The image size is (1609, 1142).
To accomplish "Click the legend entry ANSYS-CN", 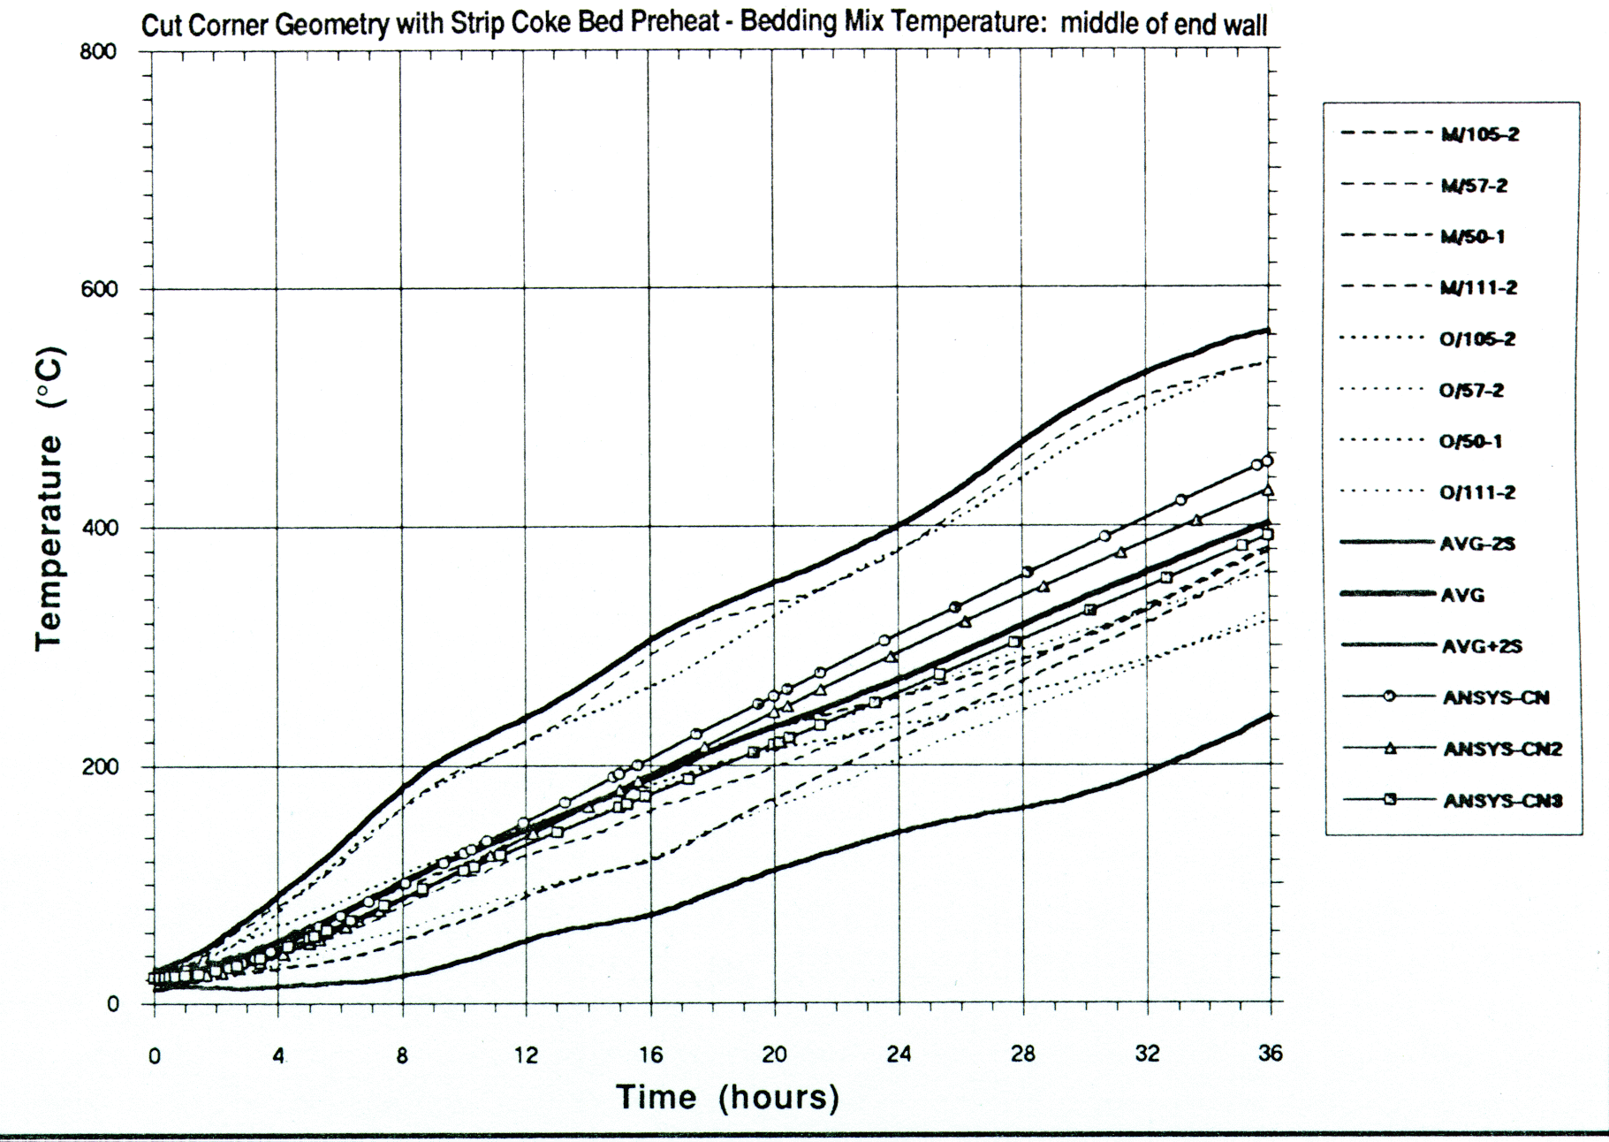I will (x=1495, y=697).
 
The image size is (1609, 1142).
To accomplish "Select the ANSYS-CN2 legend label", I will (x=1502, y=749).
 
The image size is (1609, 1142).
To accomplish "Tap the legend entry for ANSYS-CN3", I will (x=1502, y=801).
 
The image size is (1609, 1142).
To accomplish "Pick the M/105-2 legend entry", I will (x=1480, y=134).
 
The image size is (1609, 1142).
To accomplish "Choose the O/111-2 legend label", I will (x=1477, y=492).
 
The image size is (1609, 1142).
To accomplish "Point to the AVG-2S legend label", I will (x=1477, y=544).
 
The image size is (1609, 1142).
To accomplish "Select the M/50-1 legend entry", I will (x=1473, y=236).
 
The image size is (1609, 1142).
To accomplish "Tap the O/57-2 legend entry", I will (x=1472, y=390).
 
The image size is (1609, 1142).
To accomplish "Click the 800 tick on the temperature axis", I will (x=98, y=51).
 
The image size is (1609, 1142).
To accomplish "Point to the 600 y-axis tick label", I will (x=98, y=290).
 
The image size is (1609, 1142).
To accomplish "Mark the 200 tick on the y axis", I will (x=99, y=766).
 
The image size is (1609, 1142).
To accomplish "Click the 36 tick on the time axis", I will (x=1270, y=1054).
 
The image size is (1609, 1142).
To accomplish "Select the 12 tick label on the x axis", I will (x=526, y=1054).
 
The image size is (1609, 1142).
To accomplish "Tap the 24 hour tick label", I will (x=899, y=1054).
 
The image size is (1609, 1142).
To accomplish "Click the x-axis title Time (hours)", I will (x=727, y=1097).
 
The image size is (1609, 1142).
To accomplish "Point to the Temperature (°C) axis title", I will (x=49, y=499).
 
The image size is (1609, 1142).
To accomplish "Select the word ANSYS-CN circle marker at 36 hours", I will (x=1268, y=461).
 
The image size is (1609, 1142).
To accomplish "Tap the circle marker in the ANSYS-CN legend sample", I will (x=1388, y=697).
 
